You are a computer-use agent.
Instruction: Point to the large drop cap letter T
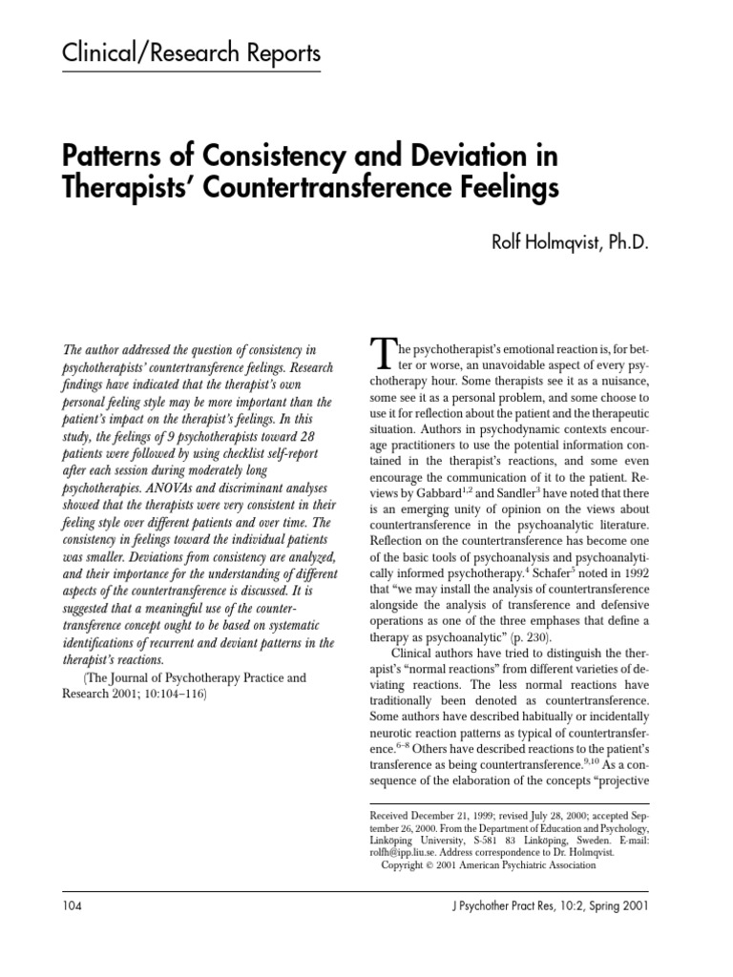pyautogui.click(x=380, y=356)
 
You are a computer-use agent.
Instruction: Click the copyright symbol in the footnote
pyautogui.click(x=429, y=866)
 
